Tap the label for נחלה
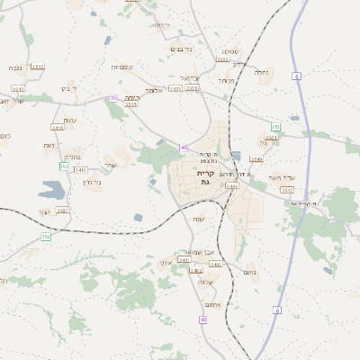(262, 72)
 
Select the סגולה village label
(230, 52)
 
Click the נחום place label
(250, 272)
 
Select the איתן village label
(165, 263)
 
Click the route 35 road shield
(113, 97)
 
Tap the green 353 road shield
(64, 166)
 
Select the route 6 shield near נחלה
(296, 76)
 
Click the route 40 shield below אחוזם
(203, 319)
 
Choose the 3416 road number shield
(58, 128)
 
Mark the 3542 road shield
(286, 190)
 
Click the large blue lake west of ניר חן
(52, 190)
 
